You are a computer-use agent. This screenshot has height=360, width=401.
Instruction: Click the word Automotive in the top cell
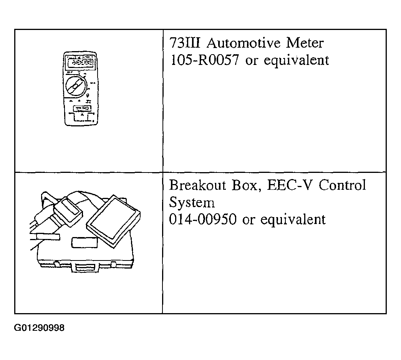coord(244,43)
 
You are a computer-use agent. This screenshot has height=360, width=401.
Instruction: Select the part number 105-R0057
coord(204,60)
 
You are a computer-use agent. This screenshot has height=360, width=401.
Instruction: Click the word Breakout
coord(198,185)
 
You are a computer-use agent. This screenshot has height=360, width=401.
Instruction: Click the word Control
coord(343,185)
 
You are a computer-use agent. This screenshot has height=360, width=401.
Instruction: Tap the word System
coord(192,203)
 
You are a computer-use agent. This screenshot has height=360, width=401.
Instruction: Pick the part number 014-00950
coord(202,219)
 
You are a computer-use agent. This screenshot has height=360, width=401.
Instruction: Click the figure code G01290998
coord(39,328)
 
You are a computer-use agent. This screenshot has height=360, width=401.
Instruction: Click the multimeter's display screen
coord(80,62)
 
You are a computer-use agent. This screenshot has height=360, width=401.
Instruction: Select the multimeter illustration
coord(80,89)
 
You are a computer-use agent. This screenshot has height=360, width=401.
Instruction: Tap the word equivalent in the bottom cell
coord(293,220)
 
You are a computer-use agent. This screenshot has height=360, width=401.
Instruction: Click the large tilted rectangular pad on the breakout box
coord(113,222)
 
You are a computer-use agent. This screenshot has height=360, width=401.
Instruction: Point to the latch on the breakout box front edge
coord(85,268)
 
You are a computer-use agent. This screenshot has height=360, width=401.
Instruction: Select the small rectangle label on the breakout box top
coord(85,242)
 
